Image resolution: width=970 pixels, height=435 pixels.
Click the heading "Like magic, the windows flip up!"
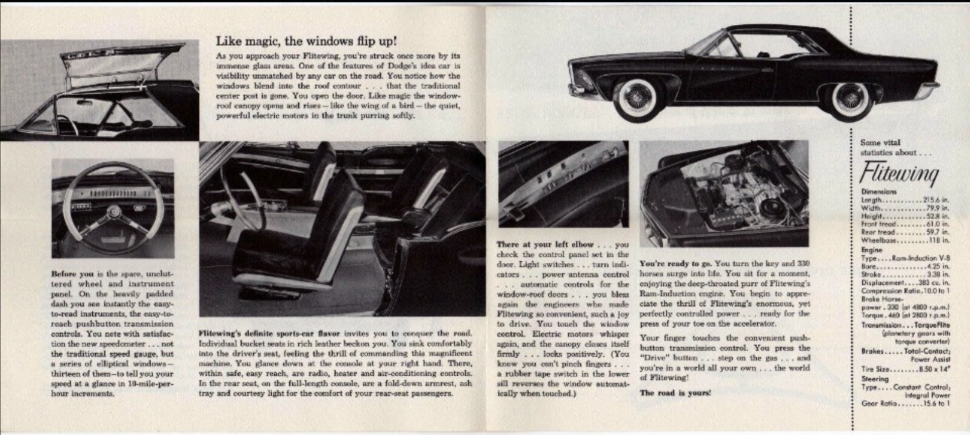pyautogui.click(x=307, y=41)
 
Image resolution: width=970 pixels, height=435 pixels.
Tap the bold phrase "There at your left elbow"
pyautogui.click(x=544, y=245)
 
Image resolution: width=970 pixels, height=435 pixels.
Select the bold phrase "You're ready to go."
pyautogui.click(x=675, y=264)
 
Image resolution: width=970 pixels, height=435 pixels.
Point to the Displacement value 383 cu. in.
pyautogui.click(x=934, y=282)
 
